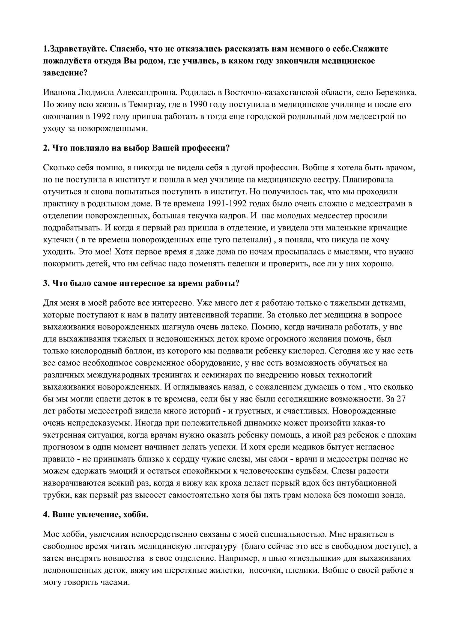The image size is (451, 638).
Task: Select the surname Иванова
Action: (58, 92)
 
